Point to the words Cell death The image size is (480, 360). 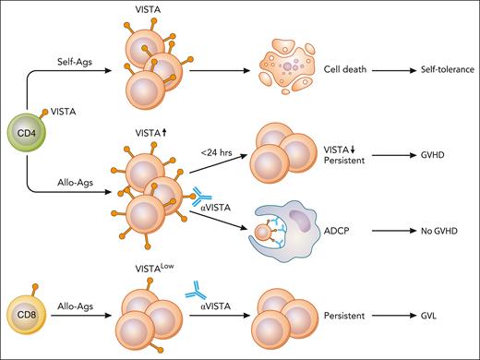coord(348,69)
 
